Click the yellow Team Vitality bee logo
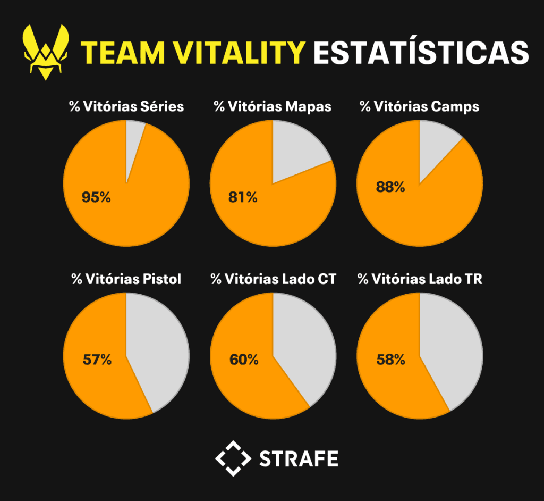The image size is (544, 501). (x=47, y=52)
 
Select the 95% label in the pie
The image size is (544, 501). (x=96, y=197)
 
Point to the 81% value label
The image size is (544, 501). (x=243, y=197)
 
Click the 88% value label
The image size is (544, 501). (x=390, y=187)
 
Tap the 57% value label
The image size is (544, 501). (x=97, y=360)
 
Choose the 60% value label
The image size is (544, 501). (x=244, y=360)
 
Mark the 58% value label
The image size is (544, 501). (x=390, y=360)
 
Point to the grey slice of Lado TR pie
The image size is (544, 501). (x=454, y=346)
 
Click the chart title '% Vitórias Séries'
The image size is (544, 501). (x=126, y=106)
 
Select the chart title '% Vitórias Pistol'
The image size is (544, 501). (x=126, y=279)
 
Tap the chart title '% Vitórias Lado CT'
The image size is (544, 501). (x=273, y=279)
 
